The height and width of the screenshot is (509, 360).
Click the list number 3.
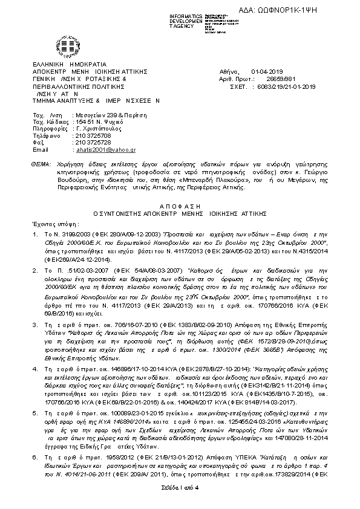pos(37,325)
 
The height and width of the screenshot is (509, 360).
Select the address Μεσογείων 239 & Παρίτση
pos(103,115)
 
